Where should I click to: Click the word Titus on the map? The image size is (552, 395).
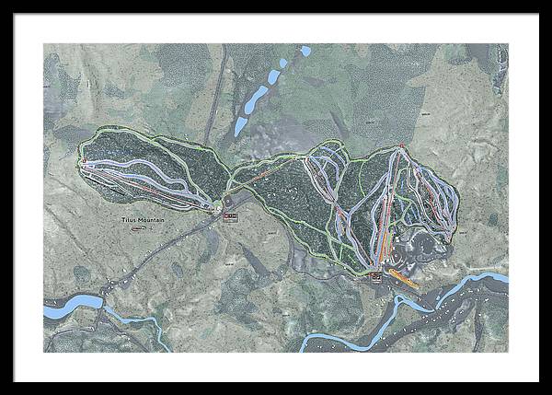coord(129,221)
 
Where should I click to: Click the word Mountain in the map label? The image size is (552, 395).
coord(151,221)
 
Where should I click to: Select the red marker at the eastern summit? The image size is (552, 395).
coord(402,145)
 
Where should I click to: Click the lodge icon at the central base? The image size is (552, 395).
coord(230,215)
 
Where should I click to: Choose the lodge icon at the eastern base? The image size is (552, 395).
coord(376,276)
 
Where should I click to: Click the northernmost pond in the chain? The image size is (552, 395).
coord(305,52)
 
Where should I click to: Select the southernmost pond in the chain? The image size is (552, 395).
coord(241,125)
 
